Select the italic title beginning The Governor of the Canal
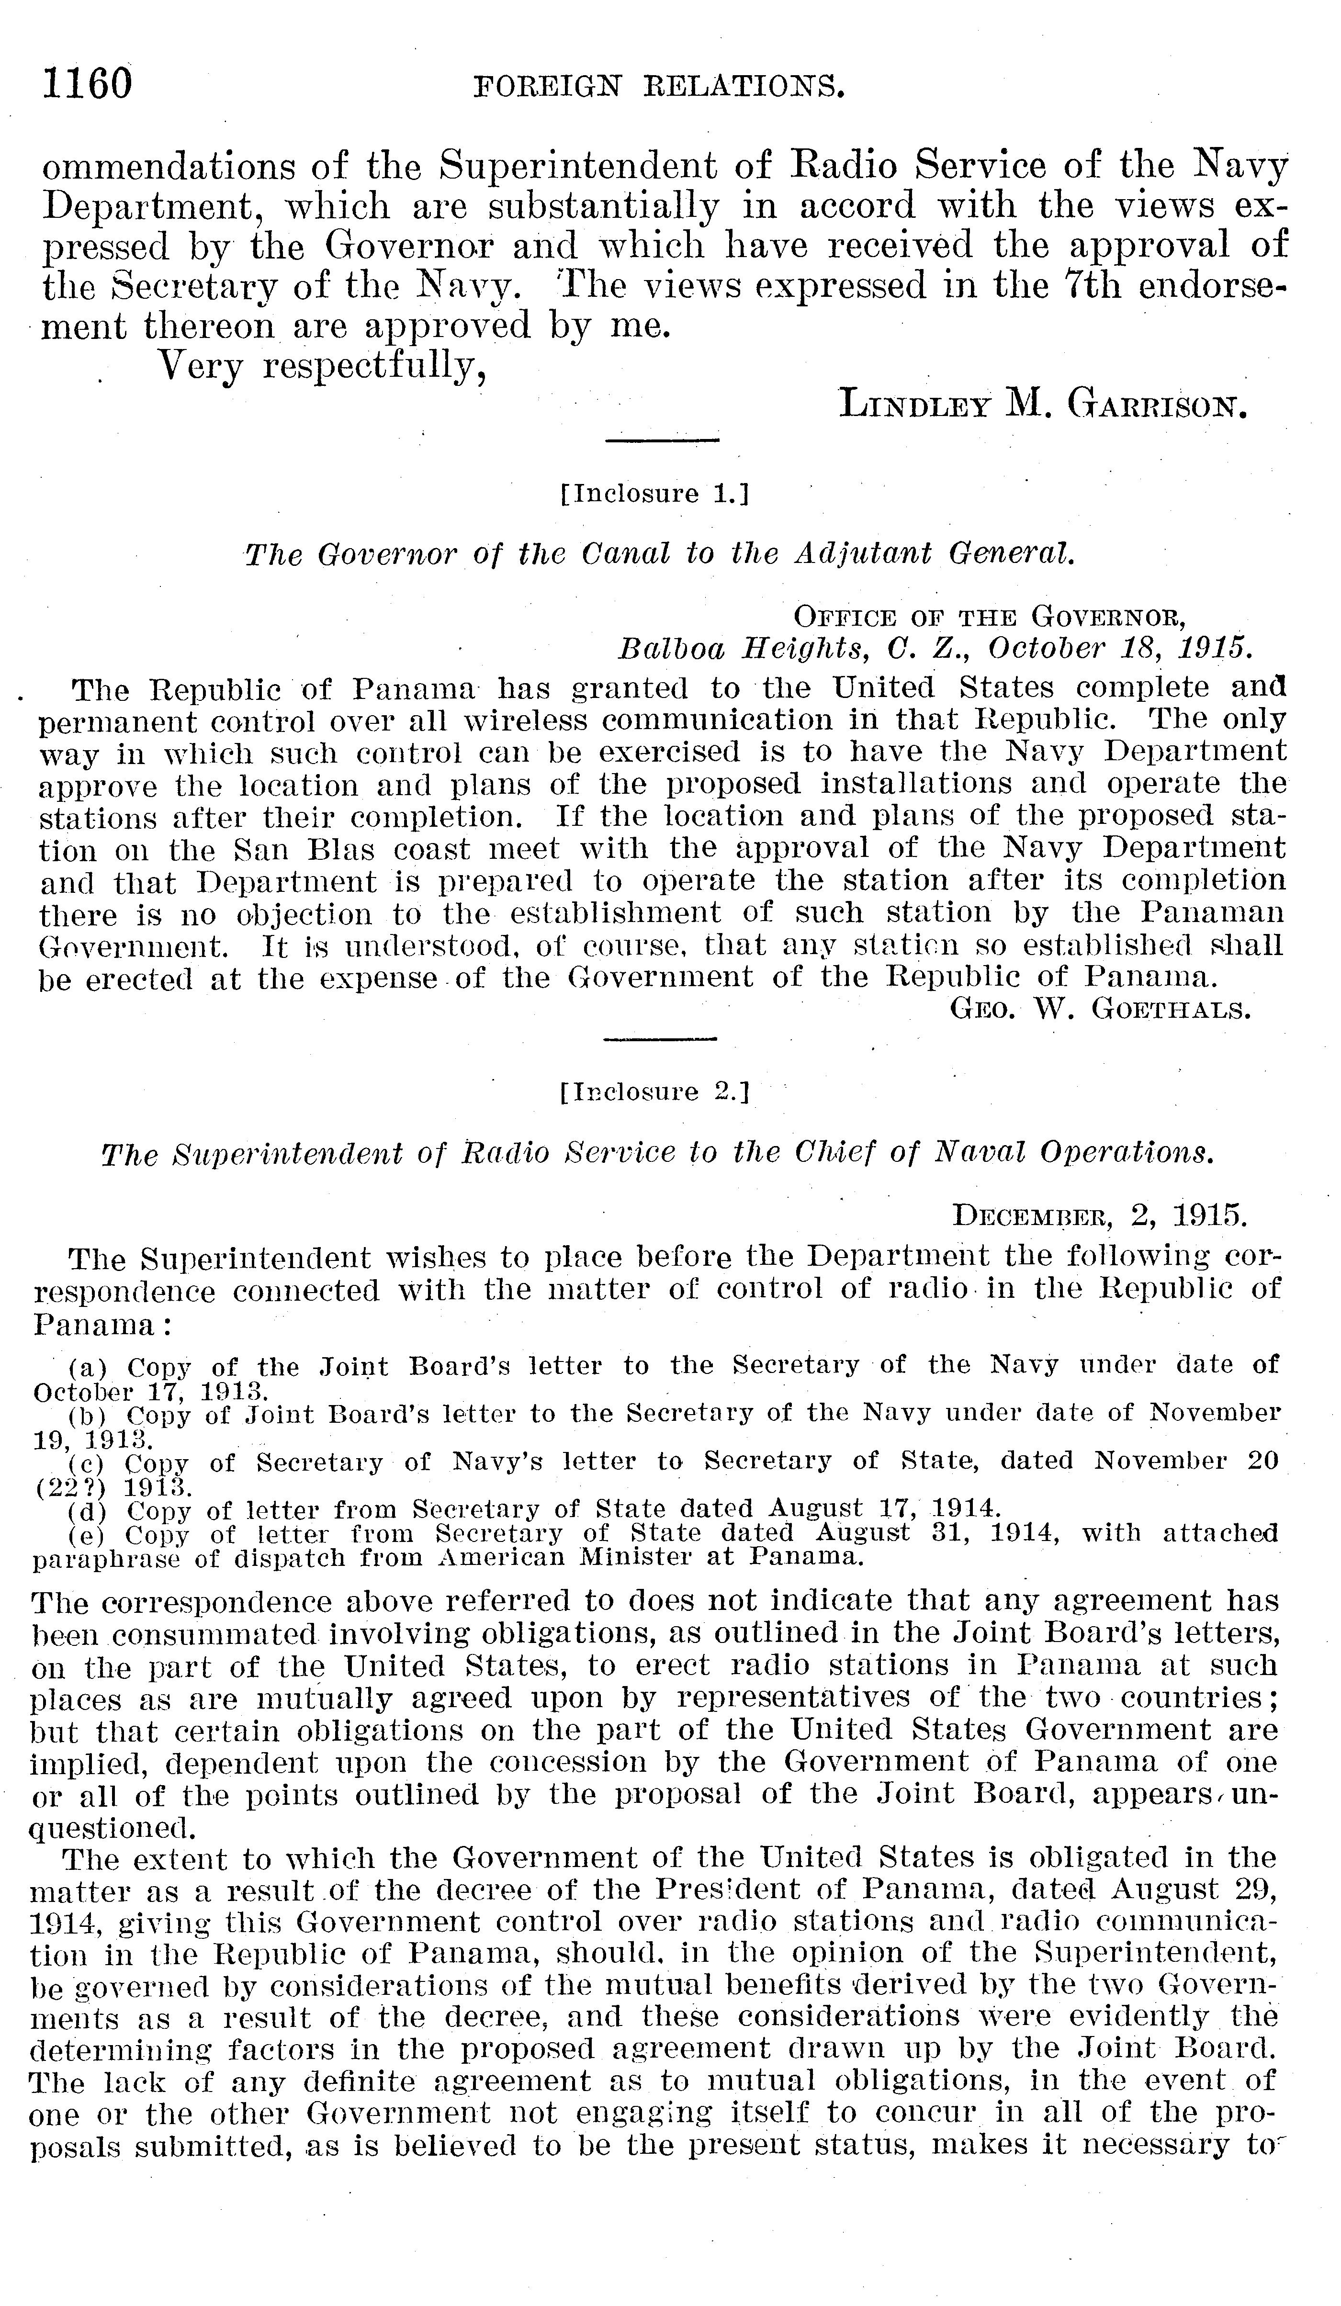point(657,553)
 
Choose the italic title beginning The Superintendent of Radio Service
point(657,1154)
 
